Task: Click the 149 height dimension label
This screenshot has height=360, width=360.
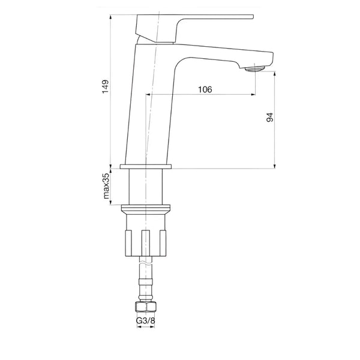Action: pos(106,86)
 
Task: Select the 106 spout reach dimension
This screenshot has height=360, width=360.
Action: pos(205,89)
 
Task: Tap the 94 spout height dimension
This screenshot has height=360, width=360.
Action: pos(270,117)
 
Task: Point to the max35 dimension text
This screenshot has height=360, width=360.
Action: pos(106,186)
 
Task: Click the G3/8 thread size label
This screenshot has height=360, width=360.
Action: pos(146,320)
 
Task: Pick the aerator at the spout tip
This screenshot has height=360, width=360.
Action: pos(255,68)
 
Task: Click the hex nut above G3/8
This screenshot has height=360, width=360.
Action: pos(146,307)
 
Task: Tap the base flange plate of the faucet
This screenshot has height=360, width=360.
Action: pos(146,166)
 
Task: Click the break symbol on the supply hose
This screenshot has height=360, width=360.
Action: pos(146,263)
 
